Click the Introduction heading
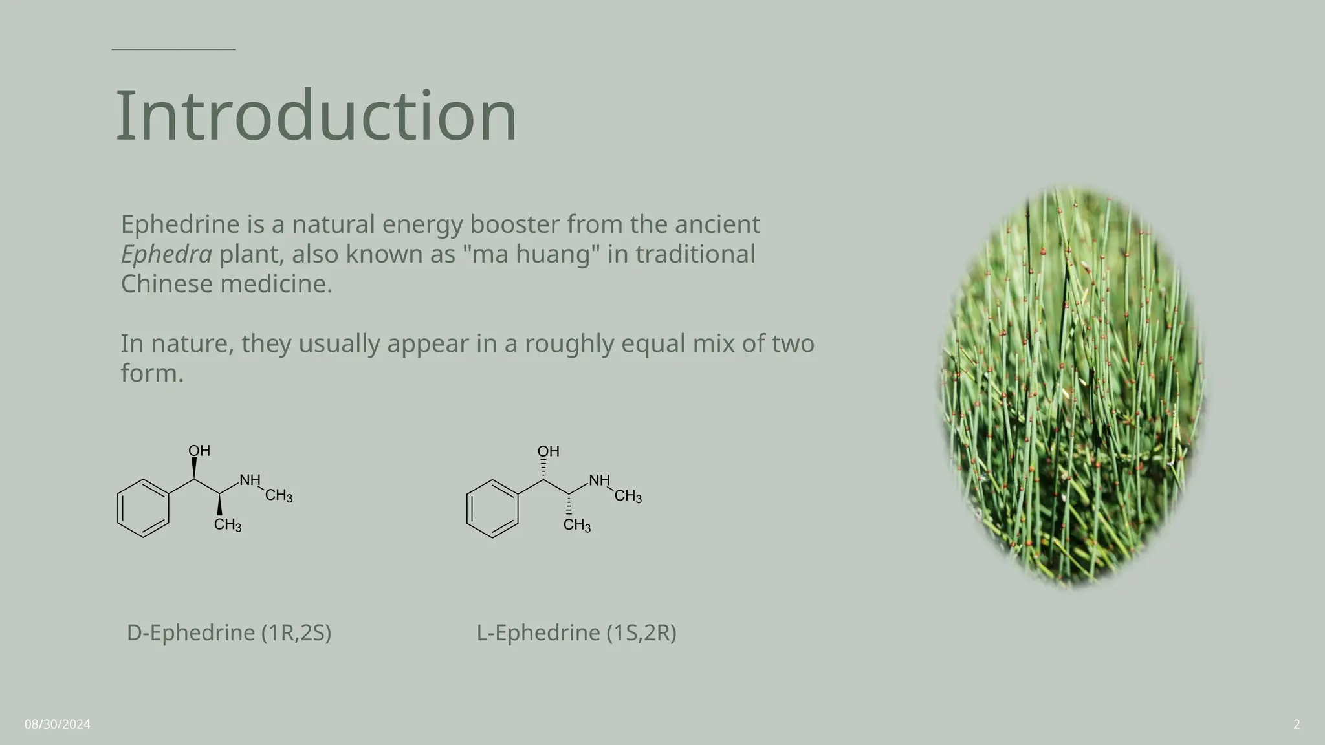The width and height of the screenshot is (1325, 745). pyautogui.click(x=316, y=116)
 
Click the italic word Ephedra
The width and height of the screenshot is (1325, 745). pyautogui.click(x=166, y=254)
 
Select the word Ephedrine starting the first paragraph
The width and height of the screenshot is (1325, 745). pyautogui.click(x=181, y=224)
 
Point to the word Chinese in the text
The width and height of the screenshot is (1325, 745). pyautogui.click(x=166, y=284)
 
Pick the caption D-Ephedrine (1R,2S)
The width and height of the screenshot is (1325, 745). pyautogui.click(x=229, y=632)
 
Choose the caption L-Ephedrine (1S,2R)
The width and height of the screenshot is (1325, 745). pyautogui.click(x=576, y=632)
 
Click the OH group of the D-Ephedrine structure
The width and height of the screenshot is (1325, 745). pyautogui.click(x=199, y=451)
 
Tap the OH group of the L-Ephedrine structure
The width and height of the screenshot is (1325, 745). pyautogui.click(x=549, y=451)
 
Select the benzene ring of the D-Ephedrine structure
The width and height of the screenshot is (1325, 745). pyautogui.click(x=143, y=508)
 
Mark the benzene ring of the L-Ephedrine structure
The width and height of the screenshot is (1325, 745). pyautogui.click(x=492, y=508)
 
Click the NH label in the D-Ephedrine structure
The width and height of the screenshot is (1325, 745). pyautogui.click(x=250, y=480)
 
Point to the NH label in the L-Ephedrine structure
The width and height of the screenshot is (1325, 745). pyautogui.click(x=599, y=480)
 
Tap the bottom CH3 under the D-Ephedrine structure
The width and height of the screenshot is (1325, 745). pyautogui.click(x=228, y=525)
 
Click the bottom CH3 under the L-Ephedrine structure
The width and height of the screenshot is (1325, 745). pyautogui.click(x=577, y=525)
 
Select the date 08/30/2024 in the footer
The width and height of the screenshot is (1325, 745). pyautogui.click(x=58, y=724)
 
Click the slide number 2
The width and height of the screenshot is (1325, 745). pyautogui.click(x=1297, y=724)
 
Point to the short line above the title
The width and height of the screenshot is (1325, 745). pyautogui.click(x=173, y=49)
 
